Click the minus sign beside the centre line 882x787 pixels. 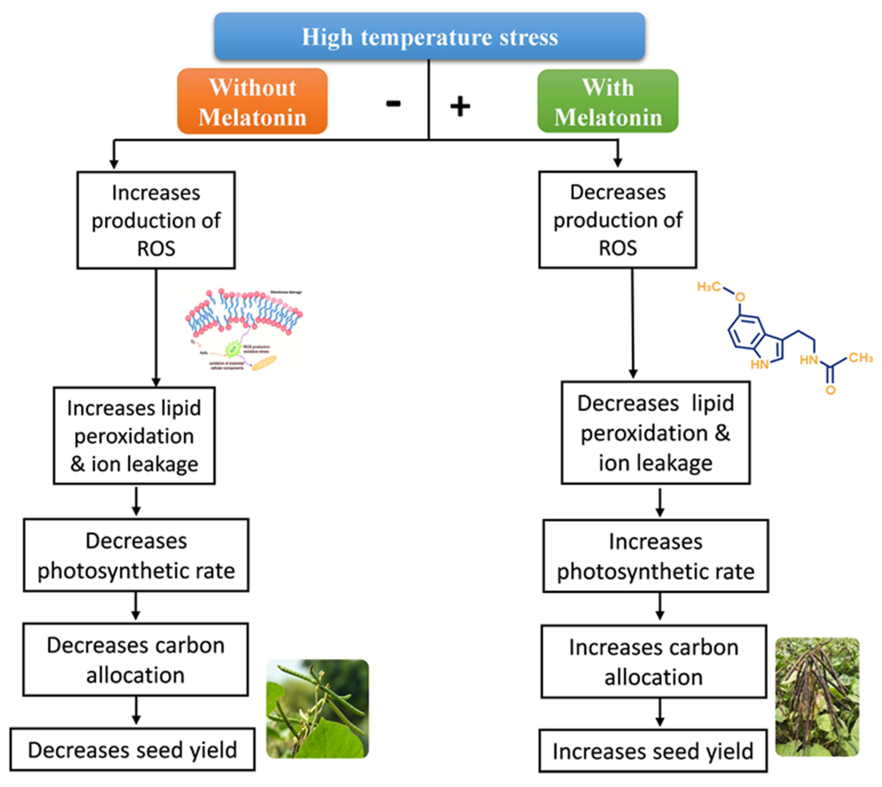click(393, 103)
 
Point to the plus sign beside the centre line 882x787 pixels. click(460, 106)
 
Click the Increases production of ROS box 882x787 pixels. click(156, 220)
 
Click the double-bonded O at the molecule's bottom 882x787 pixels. click(830, 390)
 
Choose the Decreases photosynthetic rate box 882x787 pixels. click(136, 555)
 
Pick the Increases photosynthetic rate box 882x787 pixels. click(655, 556)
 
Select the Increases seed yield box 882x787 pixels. click(653, 751)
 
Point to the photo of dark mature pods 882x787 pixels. click(817, 697)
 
